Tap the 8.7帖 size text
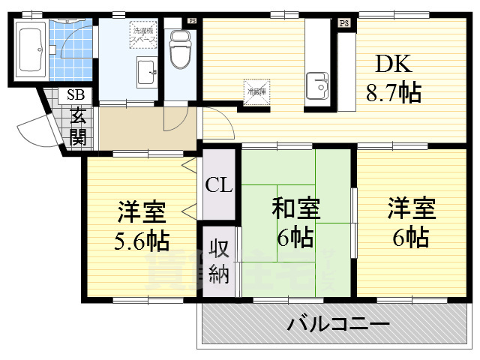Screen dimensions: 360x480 [393, 93]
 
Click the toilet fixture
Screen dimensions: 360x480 [180, 49]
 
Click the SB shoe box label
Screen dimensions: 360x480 [76, 95]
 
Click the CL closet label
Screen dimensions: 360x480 [219, 184]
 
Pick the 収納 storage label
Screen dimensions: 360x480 [218, 261]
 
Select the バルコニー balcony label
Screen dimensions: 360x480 [338, 325]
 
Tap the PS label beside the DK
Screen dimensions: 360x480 [344, 23]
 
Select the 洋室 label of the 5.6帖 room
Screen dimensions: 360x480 [141, 212]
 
